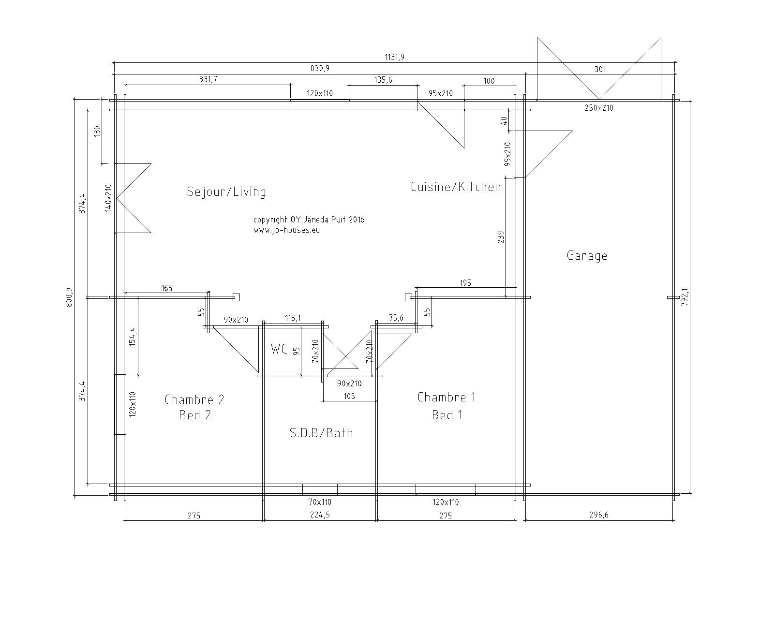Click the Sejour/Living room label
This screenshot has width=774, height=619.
226,192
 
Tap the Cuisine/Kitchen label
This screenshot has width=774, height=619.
456,187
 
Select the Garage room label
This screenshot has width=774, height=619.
587,256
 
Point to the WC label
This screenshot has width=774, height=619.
279,349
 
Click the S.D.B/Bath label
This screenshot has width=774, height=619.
321,433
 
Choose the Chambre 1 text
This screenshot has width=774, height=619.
447,397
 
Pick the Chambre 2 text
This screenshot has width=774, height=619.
194,399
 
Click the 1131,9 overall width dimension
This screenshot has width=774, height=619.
395,57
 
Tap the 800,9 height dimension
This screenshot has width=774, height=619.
69,297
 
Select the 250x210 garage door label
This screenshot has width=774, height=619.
599,107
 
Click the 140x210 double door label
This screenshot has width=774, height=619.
109,198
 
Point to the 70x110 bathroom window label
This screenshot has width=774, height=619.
320,502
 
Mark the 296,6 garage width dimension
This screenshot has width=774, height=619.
599,515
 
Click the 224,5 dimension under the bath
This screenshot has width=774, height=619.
320,515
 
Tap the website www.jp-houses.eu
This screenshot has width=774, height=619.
287,230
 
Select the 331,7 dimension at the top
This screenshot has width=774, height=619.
208,79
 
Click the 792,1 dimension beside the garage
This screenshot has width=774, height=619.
685,297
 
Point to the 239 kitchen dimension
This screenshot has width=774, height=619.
501,237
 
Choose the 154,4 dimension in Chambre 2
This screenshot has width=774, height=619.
133,337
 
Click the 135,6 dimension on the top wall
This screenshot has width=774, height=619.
383,79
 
